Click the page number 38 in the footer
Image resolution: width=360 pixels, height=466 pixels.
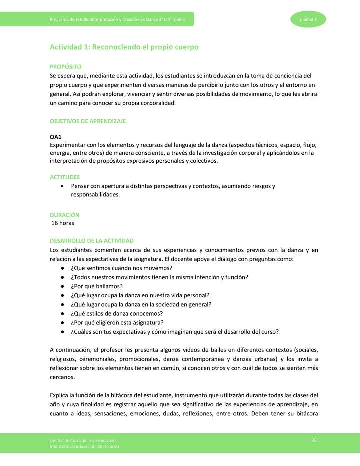314,439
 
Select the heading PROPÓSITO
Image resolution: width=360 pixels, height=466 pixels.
65,66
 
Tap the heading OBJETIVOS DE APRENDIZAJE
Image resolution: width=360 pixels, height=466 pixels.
88,121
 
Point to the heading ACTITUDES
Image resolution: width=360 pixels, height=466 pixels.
65,177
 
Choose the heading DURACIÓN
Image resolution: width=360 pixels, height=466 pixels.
65,214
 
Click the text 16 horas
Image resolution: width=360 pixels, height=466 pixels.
63,223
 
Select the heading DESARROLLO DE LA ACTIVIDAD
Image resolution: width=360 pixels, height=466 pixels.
92,241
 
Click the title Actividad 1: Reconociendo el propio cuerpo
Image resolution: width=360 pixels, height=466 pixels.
124,47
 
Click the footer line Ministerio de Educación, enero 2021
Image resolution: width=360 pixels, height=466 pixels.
84,446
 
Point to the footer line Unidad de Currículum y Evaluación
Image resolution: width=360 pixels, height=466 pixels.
83,439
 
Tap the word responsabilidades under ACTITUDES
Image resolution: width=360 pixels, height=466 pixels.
95,195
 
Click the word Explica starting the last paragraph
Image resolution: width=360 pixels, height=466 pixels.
60,395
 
